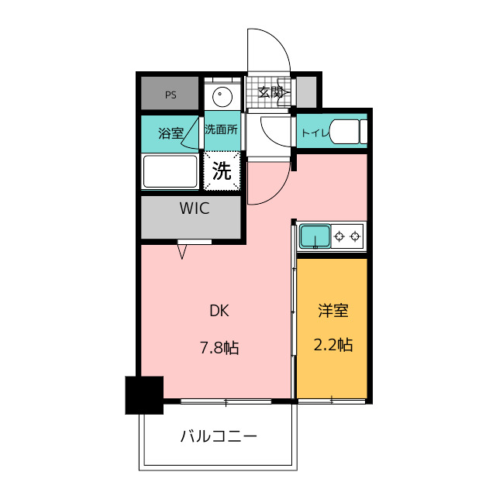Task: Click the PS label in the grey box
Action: (170, 95)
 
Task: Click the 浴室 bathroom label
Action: (170, 133)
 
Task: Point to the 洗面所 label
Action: (221, 131)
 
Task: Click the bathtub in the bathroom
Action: (170, 171)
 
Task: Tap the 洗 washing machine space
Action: (222, 172)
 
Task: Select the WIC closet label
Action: (195, 208)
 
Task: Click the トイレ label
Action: (315, 133)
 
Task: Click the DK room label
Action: (219, 312)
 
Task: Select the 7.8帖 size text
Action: (219, 348)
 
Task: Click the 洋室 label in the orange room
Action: (332, 311)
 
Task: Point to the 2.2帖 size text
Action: (332, 345)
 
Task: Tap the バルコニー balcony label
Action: (219, 436)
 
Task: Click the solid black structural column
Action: (145, 394)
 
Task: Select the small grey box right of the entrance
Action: (307, 93)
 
